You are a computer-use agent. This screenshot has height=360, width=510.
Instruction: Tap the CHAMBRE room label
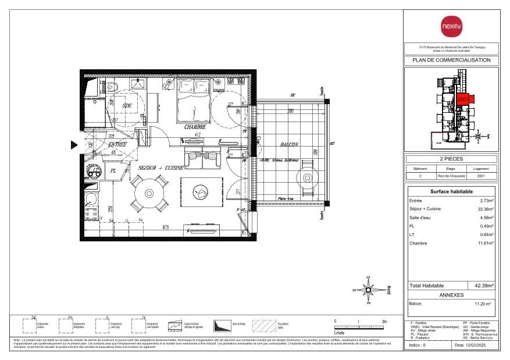(195, 127)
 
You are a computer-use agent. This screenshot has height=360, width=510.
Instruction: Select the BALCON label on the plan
(288, 144)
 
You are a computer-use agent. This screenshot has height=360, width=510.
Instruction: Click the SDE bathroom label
(127, 105)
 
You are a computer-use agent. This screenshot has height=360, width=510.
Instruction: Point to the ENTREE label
(117, 144)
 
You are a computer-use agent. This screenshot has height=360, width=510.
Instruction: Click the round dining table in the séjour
(149, 193)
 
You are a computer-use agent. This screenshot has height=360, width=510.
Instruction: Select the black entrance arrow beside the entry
(74, 145)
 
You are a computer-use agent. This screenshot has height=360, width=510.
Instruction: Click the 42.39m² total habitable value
(483, 286)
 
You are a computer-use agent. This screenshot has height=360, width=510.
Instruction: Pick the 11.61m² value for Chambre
(484, 244)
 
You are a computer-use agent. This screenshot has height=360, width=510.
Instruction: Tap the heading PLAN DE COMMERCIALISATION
(451, 60)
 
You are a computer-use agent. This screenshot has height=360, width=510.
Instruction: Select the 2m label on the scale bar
(383, 321)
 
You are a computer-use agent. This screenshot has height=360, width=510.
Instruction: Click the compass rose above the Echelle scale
(368, 289)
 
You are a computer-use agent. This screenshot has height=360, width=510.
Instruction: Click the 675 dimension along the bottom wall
(165, 227)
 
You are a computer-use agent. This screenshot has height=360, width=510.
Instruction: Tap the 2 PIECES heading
(451, 158)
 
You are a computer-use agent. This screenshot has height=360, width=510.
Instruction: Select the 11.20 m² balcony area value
(482, 304)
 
